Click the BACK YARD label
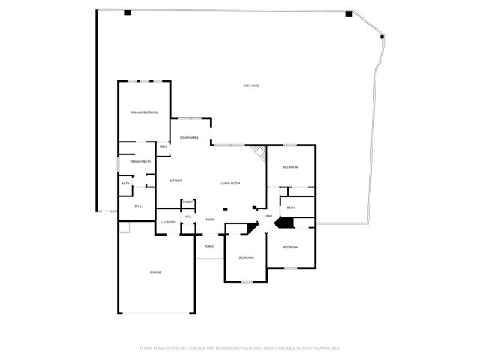pyautogui.click(x=251, y=85)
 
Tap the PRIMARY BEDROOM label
pyautogui.click(x=144, y=112)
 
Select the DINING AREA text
pyautogui.click(x=189, y=138)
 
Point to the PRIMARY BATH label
pyautogui.click(x=140, y=162)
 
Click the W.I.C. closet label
pyautogui.click(x=139, y=206)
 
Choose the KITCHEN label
pyautogui.click(x=175, y=181)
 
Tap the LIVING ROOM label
pyautogui.click(x=230, y=183)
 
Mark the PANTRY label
pyautogui.click(x=188, y=202)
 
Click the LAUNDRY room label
pyautogui.click(x=169, y=222)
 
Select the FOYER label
pyautogui.click(x=211, y=220)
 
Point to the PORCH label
pyautogui.click(x=209, y=246)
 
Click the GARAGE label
pyautogui.click(x=155, y=272)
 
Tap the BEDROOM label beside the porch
pyautogui.click(x=246, y=257)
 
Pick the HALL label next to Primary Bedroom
pyautogui.click(x=163, y=146)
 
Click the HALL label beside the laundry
pyautogui.click(x=188, y=217)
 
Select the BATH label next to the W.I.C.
pyautogui.click(x=125, y=184)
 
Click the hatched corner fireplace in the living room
pyautogui.click(x=259, y=153)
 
